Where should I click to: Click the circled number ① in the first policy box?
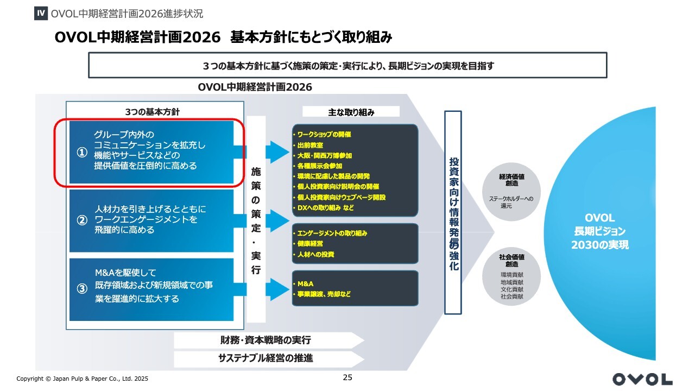82,153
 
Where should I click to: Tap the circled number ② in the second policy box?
82,220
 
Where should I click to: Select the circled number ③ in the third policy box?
82,289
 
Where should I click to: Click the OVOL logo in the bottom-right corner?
642,379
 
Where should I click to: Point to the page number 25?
347,377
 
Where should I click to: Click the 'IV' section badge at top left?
41,13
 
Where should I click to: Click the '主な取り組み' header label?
351,112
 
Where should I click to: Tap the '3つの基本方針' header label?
152,112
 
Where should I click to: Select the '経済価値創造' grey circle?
511,194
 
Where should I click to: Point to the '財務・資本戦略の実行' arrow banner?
266,340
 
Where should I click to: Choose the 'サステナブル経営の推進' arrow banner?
266,358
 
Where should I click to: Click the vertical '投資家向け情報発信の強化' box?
453,213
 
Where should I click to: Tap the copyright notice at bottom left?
82,379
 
